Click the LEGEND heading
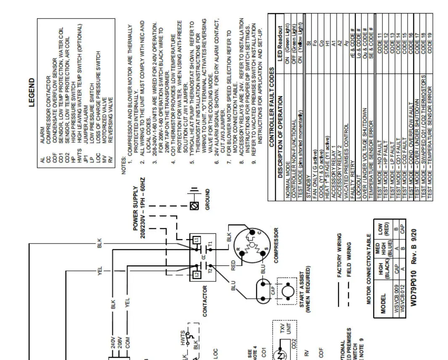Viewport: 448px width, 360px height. [32, 93]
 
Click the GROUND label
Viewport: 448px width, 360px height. [208, 199]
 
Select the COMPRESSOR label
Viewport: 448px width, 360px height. [276, 246]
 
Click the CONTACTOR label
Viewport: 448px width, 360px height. [205, 301]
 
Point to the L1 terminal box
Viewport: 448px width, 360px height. [196, 240]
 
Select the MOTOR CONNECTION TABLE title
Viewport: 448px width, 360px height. [369, 269]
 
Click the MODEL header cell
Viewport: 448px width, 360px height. [383, 308]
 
